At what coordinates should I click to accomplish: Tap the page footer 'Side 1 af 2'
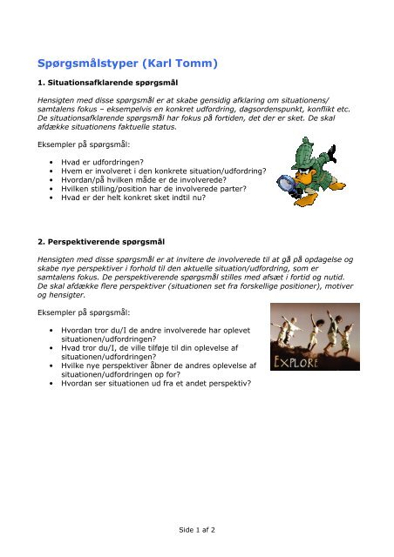197,529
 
